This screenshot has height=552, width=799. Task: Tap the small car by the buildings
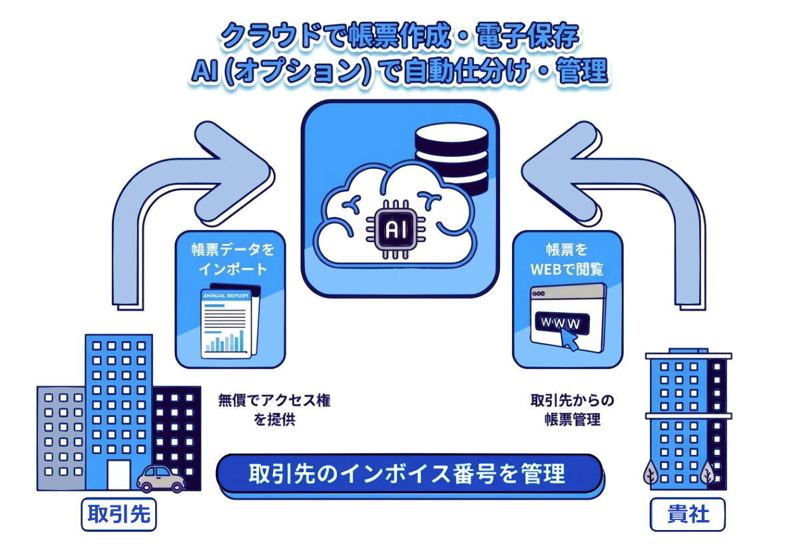coord(160,478)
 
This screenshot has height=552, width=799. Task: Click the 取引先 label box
coord(119,514)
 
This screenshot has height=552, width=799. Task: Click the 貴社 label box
coord(688,514)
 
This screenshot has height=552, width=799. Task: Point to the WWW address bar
coord(560,323)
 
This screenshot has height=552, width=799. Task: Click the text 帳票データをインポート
coord(229,259)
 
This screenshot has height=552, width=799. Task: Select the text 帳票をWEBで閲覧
coord(567,259)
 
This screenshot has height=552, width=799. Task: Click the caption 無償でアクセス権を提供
coord(274,410)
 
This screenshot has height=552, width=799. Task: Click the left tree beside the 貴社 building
coord(651,474)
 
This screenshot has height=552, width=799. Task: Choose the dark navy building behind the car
coord(176,426)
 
